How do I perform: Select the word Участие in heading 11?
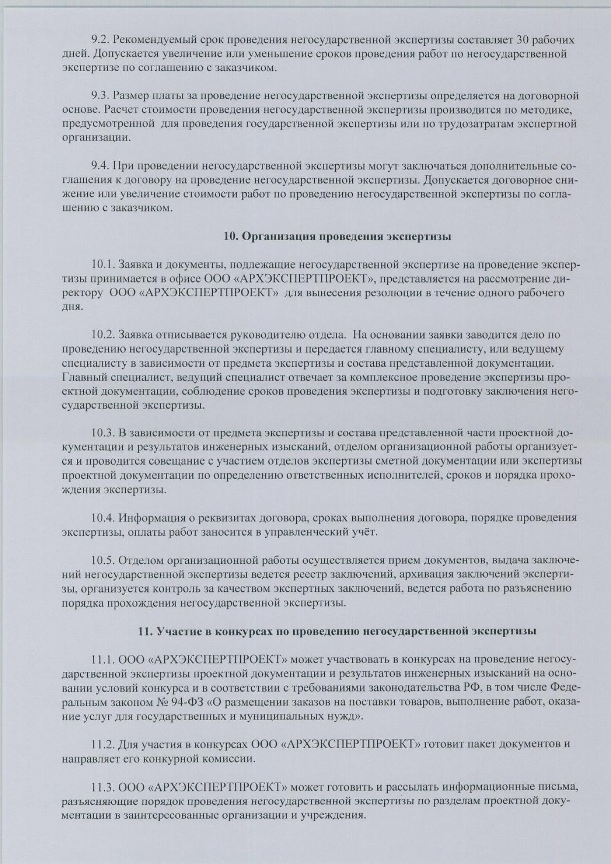(x=176, y=631)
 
